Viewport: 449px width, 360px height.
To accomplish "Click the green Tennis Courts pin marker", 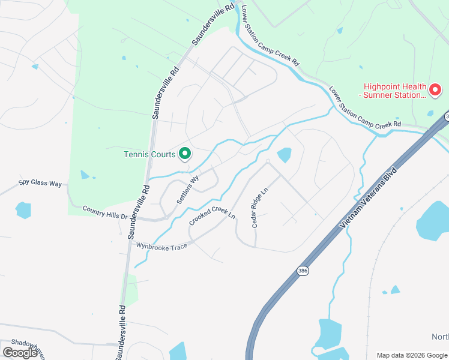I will (x=185, y=154).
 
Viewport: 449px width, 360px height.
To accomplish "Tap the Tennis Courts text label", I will (x=149, y=154).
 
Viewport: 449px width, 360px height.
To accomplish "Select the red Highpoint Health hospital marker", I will (x=435, y=91).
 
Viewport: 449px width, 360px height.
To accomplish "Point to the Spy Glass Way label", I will (x=40, y=182).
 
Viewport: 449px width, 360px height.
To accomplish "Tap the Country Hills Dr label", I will (x=106, y=212).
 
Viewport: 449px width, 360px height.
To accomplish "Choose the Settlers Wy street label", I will (x=187, y=190).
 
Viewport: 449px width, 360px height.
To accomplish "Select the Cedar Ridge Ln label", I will (x=259, y=208).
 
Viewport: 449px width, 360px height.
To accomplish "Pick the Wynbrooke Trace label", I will (x=161, y=246).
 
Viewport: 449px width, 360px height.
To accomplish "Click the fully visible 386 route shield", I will (x=304, y=272).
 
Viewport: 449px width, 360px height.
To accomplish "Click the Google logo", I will (x=20, y=353).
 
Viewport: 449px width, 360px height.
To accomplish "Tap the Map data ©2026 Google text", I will (x=412, y=355).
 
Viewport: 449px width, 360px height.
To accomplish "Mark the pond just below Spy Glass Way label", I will (x=23, y=210).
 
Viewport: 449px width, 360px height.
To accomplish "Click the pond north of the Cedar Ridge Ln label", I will (x=284, y=155).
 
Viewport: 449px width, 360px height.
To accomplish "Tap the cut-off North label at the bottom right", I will (x=440, y=336).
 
